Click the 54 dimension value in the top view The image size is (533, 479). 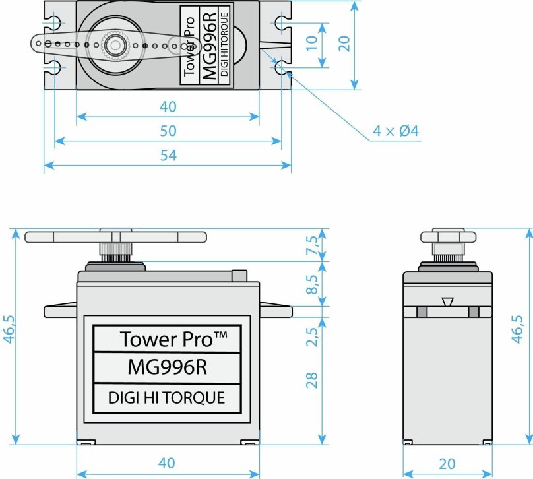click(x=168, y=156)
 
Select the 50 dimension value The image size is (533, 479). click(x=168, y=131)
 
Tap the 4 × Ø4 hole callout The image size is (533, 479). click(x=396, y=131)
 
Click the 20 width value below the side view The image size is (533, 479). click(x=447, y=464)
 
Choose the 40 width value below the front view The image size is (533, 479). click(x=167, y=464)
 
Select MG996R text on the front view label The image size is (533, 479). click(x=168, y=367)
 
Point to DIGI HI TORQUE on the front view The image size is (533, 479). click(x=167, y=397)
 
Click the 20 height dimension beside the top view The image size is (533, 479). click(x=344, y=44)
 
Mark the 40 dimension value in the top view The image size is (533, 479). click(x=168, y=107)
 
